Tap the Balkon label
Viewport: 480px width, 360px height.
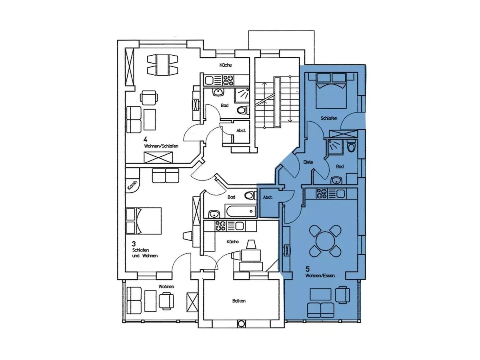tap(239, 301)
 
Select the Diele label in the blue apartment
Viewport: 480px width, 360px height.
tap(308, 162)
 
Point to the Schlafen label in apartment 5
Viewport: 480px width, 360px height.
tap(329, 118)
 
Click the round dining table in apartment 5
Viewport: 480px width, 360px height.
tap(325, 241)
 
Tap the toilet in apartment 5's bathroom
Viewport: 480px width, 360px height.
tap(352, 147)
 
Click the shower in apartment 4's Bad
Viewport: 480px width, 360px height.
tap(242, 95)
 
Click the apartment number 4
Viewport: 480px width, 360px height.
tap(145, 139)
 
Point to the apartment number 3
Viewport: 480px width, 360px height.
tap(134, 244)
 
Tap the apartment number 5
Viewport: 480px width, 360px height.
tap(308, 269)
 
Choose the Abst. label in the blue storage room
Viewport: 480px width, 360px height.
tap(268, 197)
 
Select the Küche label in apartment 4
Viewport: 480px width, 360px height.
tap(226, 65)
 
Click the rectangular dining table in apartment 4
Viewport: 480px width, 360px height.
tap(162, 65)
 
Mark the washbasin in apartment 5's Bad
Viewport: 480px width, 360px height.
tap(336, 181)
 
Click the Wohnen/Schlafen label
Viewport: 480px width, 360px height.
tap(161, 146)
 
